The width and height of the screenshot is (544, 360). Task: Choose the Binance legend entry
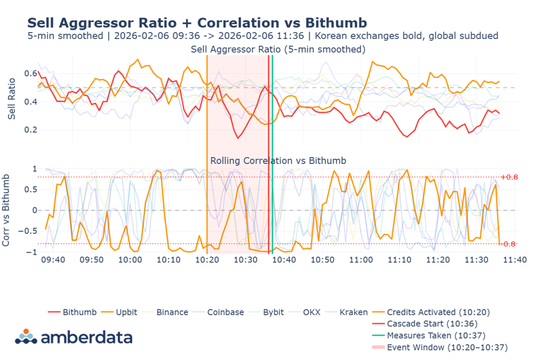click(x=172, y=312)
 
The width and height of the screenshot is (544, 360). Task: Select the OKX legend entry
click(x=311, y=312)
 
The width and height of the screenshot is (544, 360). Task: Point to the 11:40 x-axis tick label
click(x=516, y=259)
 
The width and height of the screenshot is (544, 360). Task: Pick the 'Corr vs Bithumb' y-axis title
click(x=7, y=210)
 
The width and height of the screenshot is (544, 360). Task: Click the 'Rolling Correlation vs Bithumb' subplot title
click(x=278, y=161)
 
